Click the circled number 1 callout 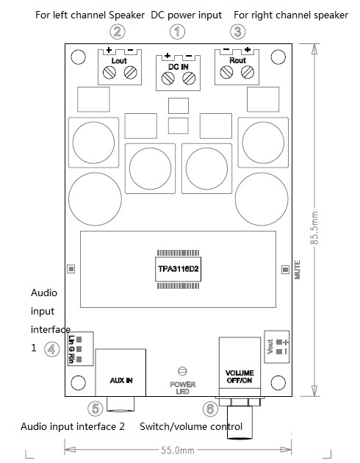pos(178,32)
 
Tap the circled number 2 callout pos(118,32)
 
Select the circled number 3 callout pos(237,32)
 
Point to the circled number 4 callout pos(52,349)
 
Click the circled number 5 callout pos(96,409)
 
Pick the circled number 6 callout pos(210,409)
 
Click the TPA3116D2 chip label pos(179,269)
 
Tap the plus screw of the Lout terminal pos(109,72)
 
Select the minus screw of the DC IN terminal pos(189,79)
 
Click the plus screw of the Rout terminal pos(248,72)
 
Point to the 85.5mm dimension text pos(314,228)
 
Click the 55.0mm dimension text pos(178,451)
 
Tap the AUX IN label pos(121,381)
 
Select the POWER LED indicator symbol pos(183,371)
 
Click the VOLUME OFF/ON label pos(240,376)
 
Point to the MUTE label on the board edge pos(298,270)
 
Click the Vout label pos(270,347)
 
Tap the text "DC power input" pos(187,15)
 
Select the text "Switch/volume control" pos(191,426)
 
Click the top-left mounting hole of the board pos(79,57)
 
